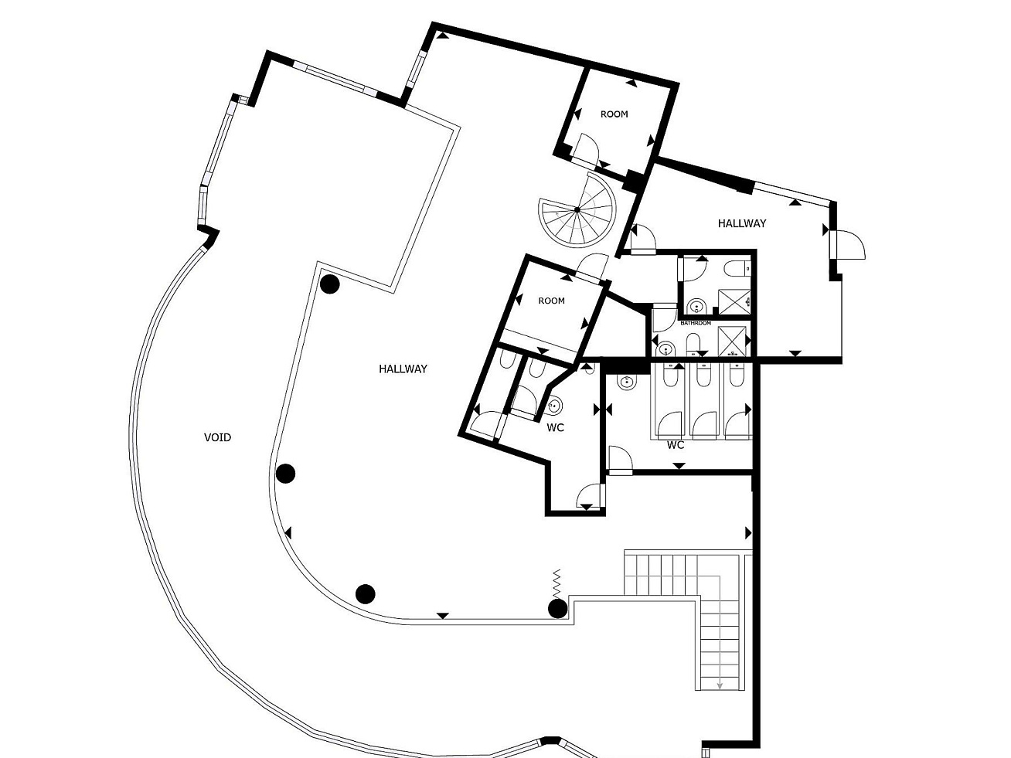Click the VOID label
tap(217, 437)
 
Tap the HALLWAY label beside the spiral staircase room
tap(742, 223)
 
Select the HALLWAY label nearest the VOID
tap(403, 369)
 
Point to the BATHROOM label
tap(696, 323)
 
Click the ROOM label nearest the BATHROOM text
tap(551, 301)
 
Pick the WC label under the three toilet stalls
tap(676, 445)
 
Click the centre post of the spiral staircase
tap(577, 210)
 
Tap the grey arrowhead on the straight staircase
tap(719, 699)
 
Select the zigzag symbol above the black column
tap(557, 583)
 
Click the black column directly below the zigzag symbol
tap(558, 609)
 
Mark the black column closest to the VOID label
tap(285, 474)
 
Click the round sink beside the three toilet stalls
tap(626, 382)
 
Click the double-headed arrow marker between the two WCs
tap(602, 410)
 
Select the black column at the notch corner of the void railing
tap(330, 284)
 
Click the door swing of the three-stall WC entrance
tap(620, 458)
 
